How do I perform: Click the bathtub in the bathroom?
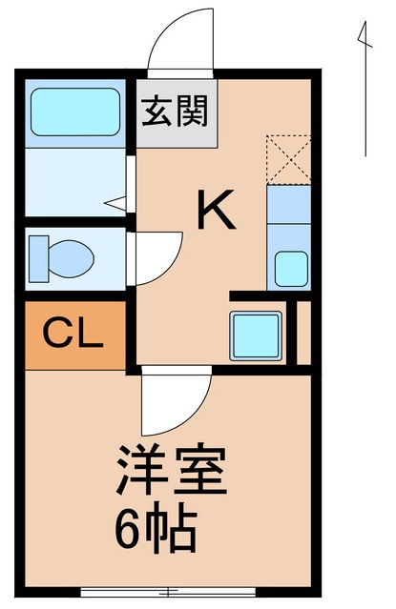point(73,113)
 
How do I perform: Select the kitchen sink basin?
point(290,268)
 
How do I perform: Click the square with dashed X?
point(289,159)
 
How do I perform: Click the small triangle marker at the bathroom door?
point(115,201)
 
